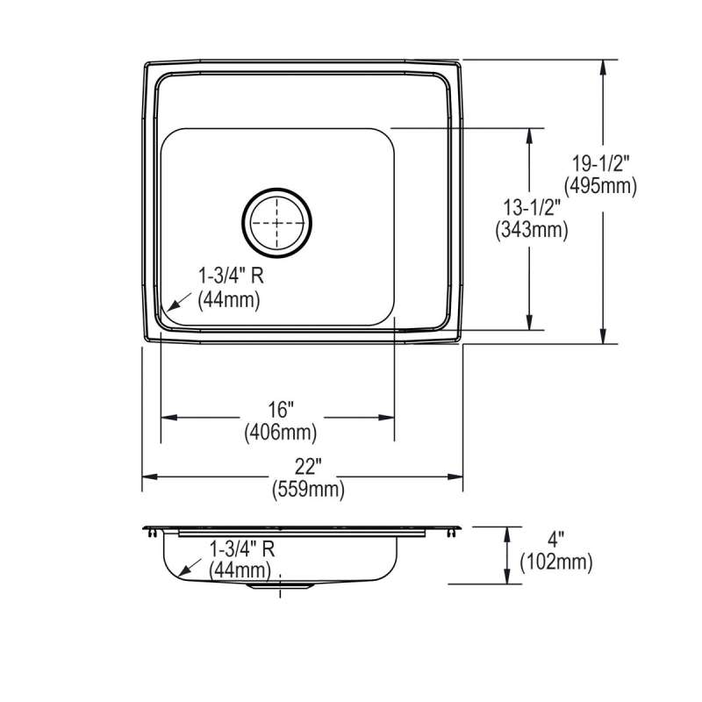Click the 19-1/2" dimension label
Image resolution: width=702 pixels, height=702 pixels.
pyautogui.click(x=601, y=163)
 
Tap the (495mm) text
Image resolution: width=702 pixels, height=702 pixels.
pyautogui.click(x=600, y=186)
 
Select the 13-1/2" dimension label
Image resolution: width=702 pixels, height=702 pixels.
pyautogui.click(x=532, y=208)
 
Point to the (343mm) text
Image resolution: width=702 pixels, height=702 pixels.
pyautogui.click(x=532, y=230)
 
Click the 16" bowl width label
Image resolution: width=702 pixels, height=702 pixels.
pyautogui.click(x=281, y=409)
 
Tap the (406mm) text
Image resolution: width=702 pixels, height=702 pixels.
pyautogui.click(x=281, y=433)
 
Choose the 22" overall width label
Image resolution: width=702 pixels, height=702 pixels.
pyautogui.click(x=308, y=467)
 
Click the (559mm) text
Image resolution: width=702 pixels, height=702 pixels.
pyautogui.click(x=309, y=490)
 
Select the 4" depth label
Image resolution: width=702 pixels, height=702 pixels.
pyautogui.click(x=555, y=539)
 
